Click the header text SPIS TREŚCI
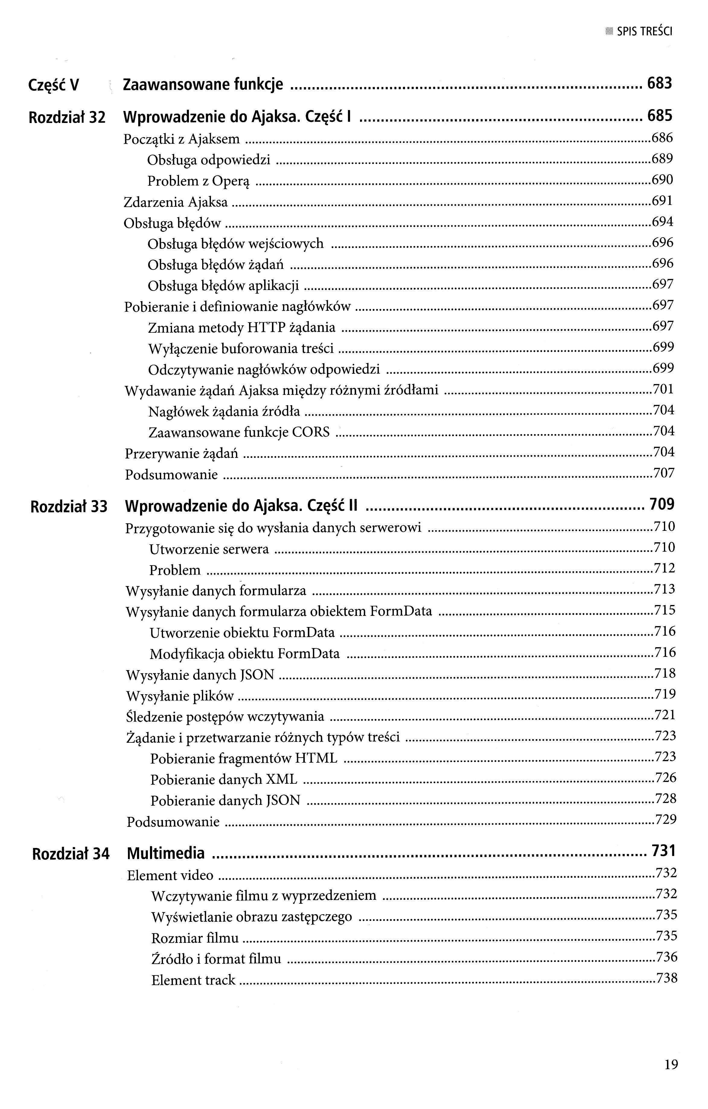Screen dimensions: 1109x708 click(644, 32)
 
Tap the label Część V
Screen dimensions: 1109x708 click(53, 85)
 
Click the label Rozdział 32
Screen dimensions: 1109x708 click(67, 118)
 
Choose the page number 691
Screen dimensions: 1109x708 click(662, 201)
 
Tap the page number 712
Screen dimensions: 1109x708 click(665, 568)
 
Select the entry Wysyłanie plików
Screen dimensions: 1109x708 click(180, 696)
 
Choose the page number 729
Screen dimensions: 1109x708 click(665, 819)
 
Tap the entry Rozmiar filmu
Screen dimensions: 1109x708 click(195, 938)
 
